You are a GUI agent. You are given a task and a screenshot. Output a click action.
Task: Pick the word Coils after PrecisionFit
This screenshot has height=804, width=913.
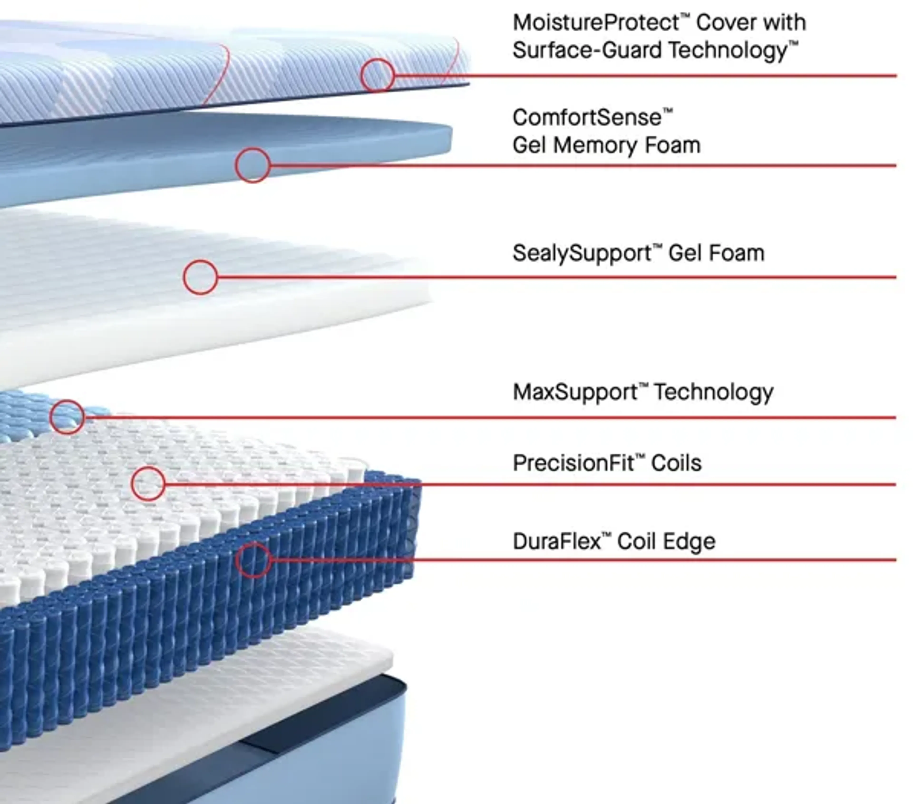[676, 463]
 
